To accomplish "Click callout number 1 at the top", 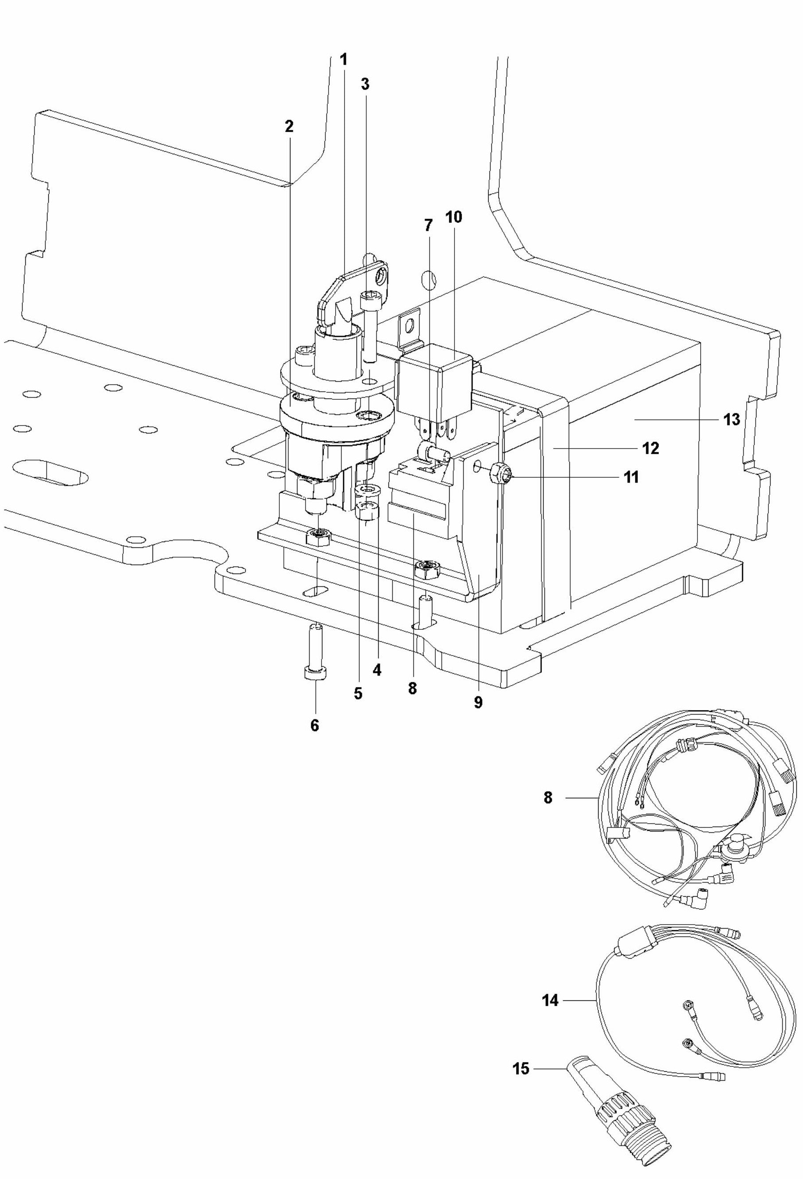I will click(344, 60).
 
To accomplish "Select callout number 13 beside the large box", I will click(732, 420).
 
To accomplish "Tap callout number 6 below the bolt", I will click(315, 726).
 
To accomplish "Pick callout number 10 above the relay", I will click(454, 217).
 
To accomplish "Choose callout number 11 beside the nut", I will click(631, 477).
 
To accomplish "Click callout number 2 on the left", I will click(289, 126).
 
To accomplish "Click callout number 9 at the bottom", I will click(478, 703).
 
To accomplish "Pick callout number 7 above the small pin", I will click(428, 225).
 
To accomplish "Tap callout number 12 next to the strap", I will click(651, 449).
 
